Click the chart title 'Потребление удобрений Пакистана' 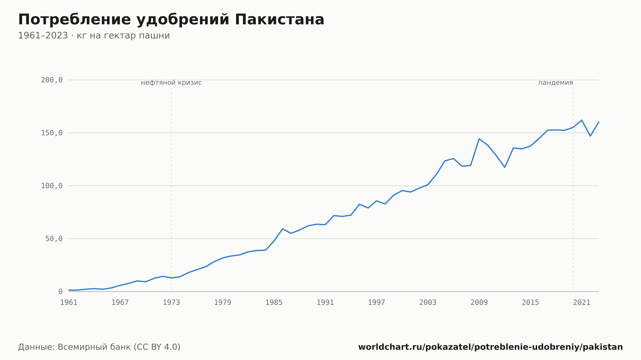[171, 20]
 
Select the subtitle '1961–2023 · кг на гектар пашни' [94, 36]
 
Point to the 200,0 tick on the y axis [52, 80]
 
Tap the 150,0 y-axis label [52, 133]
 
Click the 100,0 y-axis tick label [52, 186]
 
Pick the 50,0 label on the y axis [54, 239]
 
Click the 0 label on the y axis [61, 291]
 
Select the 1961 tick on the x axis [69, 303]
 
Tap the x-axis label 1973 [171, 303]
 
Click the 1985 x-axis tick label [274, 303]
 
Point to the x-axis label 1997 [377, 303]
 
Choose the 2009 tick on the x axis [479, 303]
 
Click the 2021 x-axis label [582, 303]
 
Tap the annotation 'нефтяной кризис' [171, 83]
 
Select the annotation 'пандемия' [556, 83]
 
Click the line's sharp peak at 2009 [479, 139]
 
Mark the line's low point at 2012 [505, 167]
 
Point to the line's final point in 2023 [599, 122]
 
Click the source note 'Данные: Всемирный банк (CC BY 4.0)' [99, 347]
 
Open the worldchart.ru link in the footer [490, 347]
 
